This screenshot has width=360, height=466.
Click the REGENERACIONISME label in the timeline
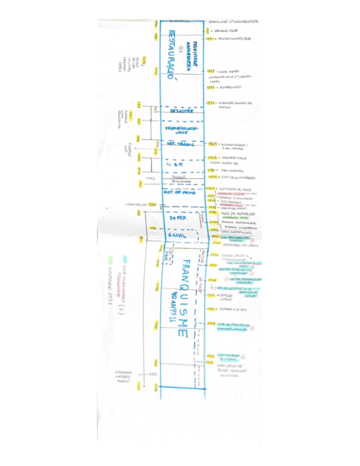(x=181, y=130)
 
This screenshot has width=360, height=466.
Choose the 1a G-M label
(x=175, y=164)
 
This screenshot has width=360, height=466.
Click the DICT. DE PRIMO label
(x=180, y=192)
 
